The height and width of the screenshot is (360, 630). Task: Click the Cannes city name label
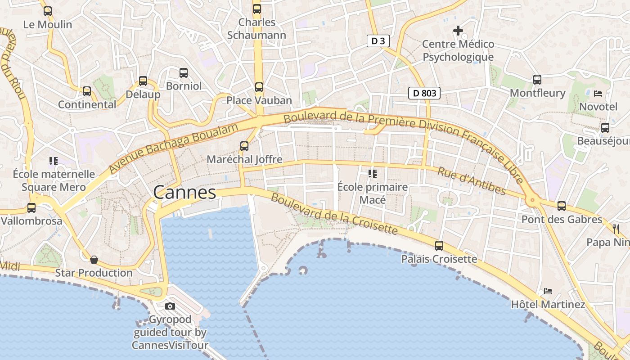click(x=184, y=192)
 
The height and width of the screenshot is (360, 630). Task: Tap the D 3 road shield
click(x=378, y=41)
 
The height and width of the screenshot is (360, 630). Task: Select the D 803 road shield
click(x=424, y=93)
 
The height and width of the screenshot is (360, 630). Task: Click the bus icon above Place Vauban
click(x=259, y=87)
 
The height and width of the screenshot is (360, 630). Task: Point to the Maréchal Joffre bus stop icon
click(x=244, y=146)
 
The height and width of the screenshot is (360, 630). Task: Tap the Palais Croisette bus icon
click(x=439, y=246)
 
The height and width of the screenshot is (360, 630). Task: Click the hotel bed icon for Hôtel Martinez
click(x=548, y=291)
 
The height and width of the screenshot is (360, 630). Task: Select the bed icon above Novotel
click(x=598, y=93)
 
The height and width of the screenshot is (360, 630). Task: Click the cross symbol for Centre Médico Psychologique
click(x=458, y=31)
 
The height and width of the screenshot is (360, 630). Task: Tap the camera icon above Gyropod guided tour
click(x=170, y=306)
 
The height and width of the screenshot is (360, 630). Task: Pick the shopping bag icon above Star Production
click(x=94, y=259)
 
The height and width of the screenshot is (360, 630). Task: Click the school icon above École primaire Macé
click(x=372, y=173)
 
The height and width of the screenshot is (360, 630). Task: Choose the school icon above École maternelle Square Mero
click(x=54, y=161)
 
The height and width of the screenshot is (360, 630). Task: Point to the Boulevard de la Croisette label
click(x=334, y=214)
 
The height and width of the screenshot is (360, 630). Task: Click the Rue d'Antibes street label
click(x=471, y=181)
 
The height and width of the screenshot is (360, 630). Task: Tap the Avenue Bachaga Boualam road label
click(x=174, y=148)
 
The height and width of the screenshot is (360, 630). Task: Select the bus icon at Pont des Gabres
click(x=562, y=206)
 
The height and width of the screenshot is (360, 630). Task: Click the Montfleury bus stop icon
click(x=537, y=80)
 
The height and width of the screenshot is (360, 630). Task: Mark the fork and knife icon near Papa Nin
click(x=616, y=229)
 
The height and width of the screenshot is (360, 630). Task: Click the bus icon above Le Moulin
click(x=48, y=11)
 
